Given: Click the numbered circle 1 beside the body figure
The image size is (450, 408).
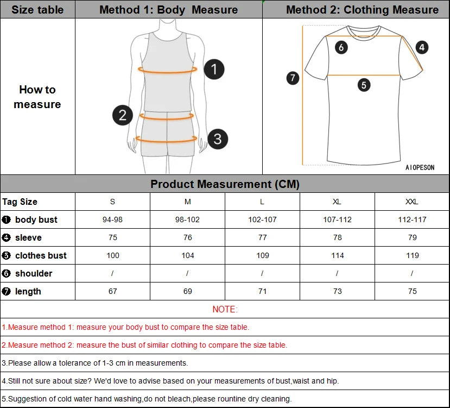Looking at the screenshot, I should click(214, 69).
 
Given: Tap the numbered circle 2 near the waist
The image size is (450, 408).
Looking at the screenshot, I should click(123, 115).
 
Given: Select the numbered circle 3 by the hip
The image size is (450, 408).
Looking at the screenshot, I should click(217, 139).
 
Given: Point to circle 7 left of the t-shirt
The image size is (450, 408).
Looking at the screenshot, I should click(293, 78).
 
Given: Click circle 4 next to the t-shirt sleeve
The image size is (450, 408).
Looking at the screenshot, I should click(422, 47).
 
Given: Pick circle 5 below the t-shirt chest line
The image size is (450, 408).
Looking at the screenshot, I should click(364, 85).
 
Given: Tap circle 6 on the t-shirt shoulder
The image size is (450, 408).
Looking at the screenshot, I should click(341, 47).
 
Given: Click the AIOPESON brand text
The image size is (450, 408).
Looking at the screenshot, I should click(420, 167).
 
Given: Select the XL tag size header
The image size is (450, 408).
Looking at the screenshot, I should click(337, 202).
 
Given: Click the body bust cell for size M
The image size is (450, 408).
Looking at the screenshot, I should click(187, 219).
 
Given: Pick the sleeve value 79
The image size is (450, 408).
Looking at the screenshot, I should click(413, 237).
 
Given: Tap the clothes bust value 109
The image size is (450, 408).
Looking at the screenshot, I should click(262, 255).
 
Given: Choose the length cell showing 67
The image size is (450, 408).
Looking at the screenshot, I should click(112, 291).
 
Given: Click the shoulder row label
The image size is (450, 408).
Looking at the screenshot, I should click(34, 273).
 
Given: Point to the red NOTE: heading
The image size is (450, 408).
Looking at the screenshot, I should click(225, 309).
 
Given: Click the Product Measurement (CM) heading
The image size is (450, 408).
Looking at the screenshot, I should click(225, 184).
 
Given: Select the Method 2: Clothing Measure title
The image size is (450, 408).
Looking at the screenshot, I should click(362, 10).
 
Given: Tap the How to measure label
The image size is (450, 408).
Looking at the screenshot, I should click(37, 97).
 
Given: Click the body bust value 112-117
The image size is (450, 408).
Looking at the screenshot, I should click(413, 219).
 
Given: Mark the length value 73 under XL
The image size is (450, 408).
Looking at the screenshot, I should click(337, 291).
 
